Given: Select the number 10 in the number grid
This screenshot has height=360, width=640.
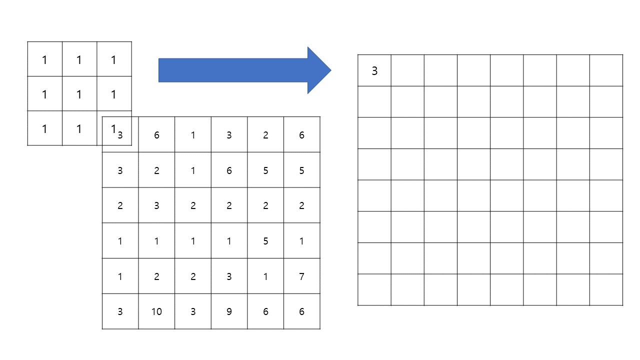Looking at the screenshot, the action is tap(156, 311).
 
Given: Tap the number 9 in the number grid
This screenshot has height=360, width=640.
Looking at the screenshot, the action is tap(229, 311).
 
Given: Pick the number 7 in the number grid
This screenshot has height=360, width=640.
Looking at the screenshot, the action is tap(301, 276).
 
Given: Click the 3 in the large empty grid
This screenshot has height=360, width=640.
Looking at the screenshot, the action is tap(374, 71).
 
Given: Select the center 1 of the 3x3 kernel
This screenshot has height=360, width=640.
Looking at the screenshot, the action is tap(79, 94).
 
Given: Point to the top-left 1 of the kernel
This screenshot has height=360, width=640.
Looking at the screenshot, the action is tap(44, 60).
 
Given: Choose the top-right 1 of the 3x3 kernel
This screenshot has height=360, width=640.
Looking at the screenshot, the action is tap(113, 60).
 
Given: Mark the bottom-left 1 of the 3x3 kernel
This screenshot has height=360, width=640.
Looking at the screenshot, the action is tap(44, 129).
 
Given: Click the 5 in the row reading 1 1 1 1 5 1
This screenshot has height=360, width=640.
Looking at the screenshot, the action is tap(265, 241).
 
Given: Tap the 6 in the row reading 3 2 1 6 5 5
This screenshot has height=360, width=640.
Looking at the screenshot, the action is tap(229, 170).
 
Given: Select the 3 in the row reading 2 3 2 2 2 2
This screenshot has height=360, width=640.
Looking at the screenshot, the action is tap(156, 205).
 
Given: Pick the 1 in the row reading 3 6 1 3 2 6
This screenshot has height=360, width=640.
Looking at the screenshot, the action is tap(193, 135).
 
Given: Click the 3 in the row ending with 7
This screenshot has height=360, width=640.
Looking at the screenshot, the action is tap(229, 276).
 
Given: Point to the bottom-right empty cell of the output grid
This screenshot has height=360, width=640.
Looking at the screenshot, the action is tap(606, 289).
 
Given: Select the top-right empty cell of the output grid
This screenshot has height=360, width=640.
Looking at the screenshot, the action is tap(606, 70).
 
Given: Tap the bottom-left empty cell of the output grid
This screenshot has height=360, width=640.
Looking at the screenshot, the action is tap(374, 289).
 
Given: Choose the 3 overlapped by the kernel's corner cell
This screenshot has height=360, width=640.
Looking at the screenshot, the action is tap(120, 135).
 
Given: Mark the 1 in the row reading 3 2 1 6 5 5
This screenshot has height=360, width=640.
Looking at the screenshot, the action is tap(193, 170).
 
